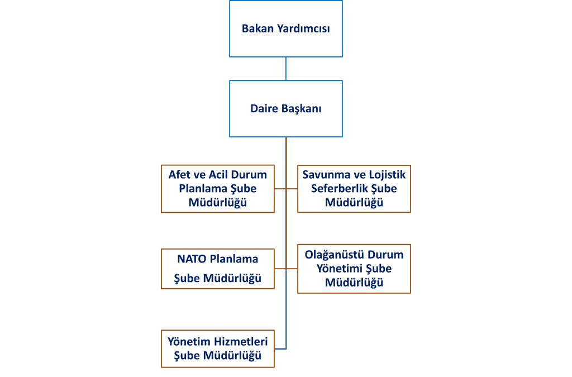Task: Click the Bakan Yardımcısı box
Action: (x=285, y=28)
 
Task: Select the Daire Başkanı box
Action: (x=285, y=109)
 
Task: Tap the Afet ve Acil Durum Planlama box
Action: (x=217, y=189)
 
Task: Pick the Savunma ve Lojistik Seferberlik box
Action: (x=354, y=189)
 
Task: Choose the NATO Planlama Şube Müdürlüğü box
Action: (x=217, y=269)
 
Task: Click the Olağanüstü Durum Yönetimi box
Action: (x=354, y=269)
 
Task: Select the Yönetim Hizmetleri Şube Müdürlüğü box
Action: (x=217, y=349)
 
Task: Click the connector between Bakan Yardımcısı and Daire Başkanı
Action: (x=285, y=69)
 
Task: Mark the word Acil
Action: (x=218, y=175)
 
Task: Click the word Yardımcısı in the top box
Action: (x=303, y=28)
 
